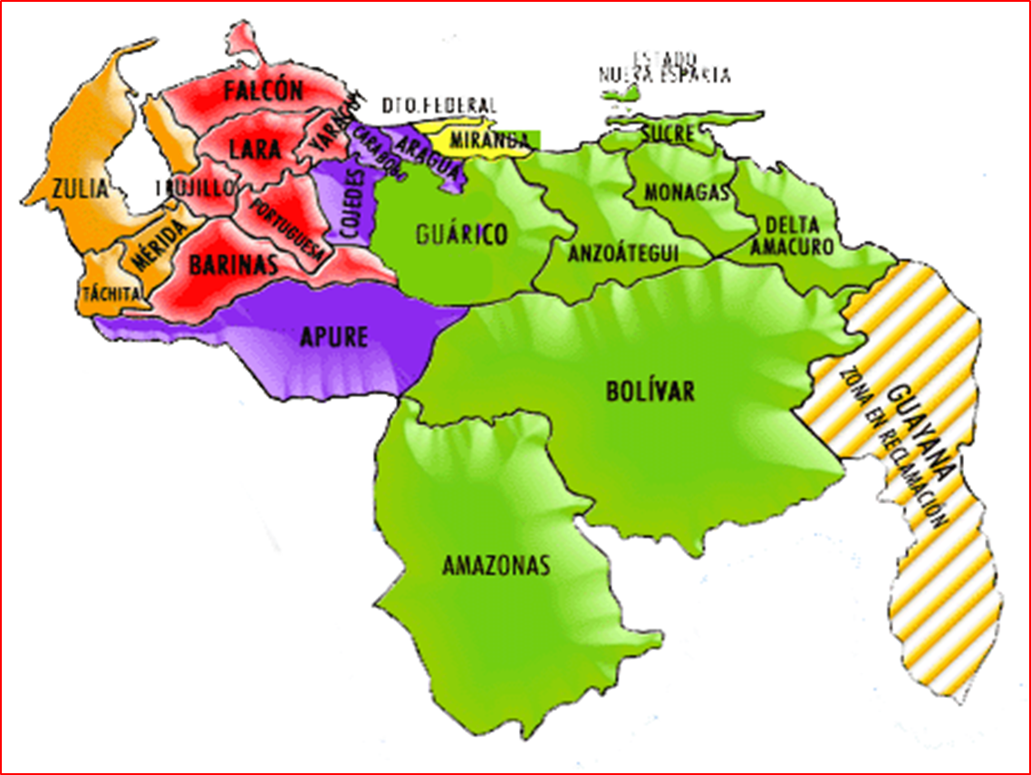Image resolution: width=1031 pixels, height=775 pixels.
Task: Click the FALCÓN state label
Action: (x=264, y=91)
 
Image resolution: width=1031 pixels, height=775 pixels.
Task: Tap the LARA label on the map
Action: (x=255, y=150)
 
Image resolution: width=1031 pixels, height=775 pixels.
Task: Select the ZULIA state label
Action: (x=79, y=189)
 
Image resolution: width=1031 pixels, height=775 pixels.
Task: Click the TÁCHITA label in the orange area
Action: (x=111, y=293)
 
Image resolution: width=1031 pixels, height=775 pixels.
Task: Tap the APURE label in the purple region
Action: (x=334, y=337)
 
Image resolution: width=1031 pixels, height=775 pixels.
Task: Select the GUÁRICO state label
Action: (x=462, y=236)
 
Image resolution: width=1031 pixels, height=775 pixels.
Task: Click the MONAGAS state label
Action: (x=687, y=193)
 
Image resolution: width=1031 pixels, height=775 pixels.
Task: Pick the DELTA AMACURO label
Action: (x=792, y=235)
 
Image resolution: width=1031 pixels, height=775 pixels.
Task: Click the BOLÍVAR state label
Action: (x=650, y=392)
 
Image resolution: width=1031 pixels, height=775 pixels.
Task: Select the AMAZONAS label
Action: (x=496, y=567)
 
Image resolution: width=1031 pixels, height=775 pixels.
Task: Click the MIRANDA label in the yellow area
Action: (x=488, y=140)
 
